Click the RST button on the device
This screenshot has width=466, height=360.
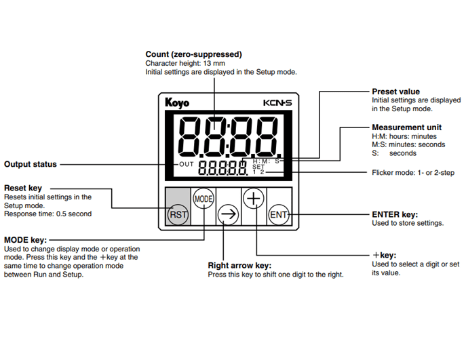pyautogui.click(x=177, y=215)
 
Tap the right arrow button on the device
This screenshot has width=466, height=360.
pyautogui.click(x=229, y=215)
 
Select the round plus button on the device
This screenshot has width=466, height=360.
pyautogui.click(x=254, y=199)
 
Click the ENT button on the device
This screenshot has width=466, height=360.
pyautogui.click(x=279, y=215)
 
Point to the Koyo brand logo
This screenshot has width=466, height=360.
pyautogui.click(x=177, y=102)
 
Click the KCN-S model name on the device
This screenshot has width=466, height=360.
pyautogui.click(x=277, y=102)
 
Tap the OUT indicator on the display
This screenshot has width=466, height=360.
pyautogui.click(x=187, y=165)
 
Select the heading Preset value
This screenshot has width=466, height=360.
pyautogui.click(x=395, y=92)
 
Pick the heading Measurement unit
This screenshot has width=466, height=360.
pyautogui.click(x=406, y=127)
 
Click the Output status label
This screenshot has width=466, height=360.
pyautogui.click(x=31, y=164)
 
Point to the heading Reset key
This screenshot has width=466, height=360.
pyautogui.click(x=24, y=188)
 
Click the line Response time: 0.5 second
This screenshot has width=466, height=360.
pyautogui.click(x=47, y=214)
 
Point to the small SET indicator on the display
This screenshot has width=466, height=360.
pyautogui.click(x=258, y=167)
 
